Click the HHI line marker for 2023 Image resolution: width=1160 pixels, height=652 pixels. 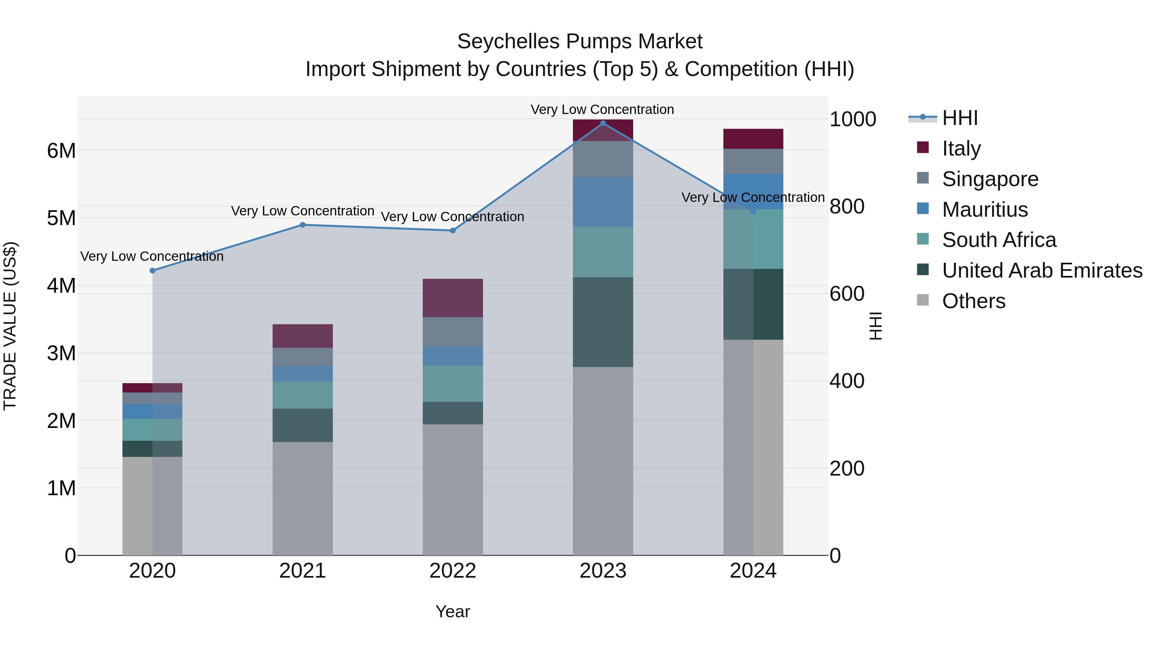(603, 123)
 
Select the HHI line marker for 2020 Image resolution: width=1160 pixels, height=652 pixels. (152, 270)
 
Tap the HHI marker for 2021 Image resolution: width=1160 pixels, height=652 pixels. (303, 225)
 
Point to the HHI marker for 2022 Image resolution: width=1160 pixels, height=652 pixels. (453, 231)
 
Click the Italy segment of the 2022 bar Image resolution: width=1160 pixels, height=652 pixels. (453, 298)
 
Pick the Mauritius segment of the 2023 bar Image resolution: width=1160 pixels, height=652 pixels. (603, 202)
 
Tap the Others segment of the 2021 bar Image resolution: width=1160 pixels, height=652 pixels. (303, 498)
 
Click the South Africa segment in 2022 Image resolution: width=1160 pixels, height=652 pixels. (453, 383)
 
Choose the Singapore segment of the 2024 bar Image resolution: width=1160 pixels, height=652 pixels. (753, 161)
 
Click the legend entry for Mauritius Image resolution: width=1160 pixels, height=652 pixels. (984, 210)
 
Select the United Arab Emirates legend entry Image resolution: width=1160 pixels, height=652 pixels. (1041, 271)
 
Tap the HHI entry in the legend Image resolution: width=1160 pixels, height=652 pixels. (960, 118)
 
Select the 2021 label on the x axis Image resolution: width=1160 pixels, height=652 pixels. (303, 571)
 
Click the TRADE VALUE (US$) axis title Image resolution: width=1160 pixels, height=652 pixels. (10, 326)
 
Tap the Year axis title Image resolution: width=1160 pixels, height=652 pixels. (453, 611)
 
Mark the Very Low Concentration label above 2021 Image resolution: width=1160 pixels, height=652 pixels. (303, 211)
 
